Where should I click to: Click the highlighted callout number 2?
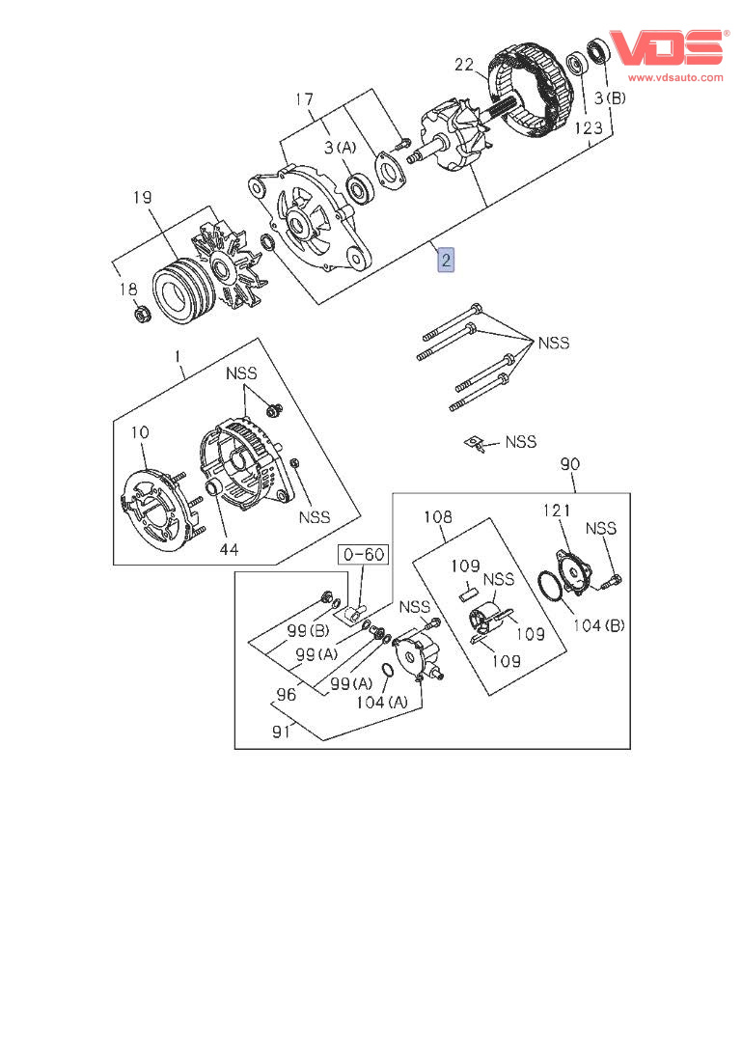click(446, 260)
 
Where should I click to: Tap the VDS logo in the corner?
click(665, 48)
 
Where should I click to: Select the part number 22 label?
click(464, 66)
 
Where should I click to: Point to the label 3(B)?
click(609, 98)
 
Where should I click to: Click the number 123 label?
click(590, 126)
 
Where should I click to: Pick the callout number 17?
click(304, 99)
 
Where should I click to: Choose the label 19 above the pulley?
click(142, 199)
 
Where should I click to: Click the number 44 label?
click(227, 549)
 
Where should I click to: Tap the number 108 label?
click(437, 517)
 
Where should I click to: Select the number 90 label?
click(569, 464)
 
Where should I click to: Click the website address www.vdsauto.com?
click(675, 76)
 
